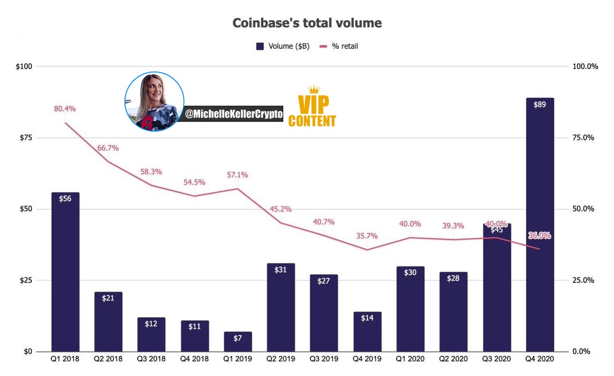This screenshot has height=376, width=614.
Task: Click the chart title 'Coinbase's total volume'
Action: tap(307, 23)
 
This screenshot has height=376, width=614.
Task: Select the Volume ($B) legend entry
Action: tap(283, 46)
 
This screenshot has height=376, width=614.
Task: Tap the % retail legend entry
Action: tap(339, 46)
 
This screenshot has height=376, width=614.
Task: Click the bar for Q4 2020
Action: tap(539, 224)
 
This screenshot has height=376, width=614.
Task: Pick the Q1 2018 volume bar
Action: tap(65, 272)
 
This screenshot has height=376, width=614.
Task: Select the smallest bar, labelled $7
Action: tap(238, 342)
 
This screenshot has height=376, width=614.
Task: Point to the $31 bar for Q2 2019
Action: tap(281, 308)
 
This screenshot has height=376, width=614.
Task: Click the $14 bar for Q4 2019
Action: tap(367, 332)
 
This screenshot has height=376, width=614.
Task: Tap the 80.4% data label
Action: tap(65, 109)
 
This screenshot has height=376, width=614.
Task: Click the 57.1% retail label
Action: tap(237, 175)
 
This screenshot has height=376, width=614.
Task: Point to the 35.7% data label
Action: tap(367, 236)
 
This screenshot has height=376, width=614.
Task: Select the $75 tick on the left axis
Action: tap(26, 137)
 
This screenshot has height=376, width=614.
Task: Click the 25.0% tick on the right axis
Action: tap(583, 280)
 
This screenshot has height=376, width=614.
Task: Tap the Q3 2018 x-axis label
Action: tap(151, 359)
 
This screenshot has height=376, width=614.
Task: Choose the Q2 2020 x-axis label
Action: tap(454, 359)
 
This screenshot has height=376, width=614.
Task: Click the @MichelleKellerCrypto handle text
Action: tap(234, 114)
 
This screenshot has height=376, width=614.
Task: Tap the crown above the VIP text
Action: tap(314, 89)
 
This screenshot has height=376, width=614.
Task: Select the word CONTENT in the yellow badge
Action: tap(312, 121)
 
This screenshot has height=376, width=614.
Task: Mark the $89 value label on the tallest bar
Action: tap(539, 104)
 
